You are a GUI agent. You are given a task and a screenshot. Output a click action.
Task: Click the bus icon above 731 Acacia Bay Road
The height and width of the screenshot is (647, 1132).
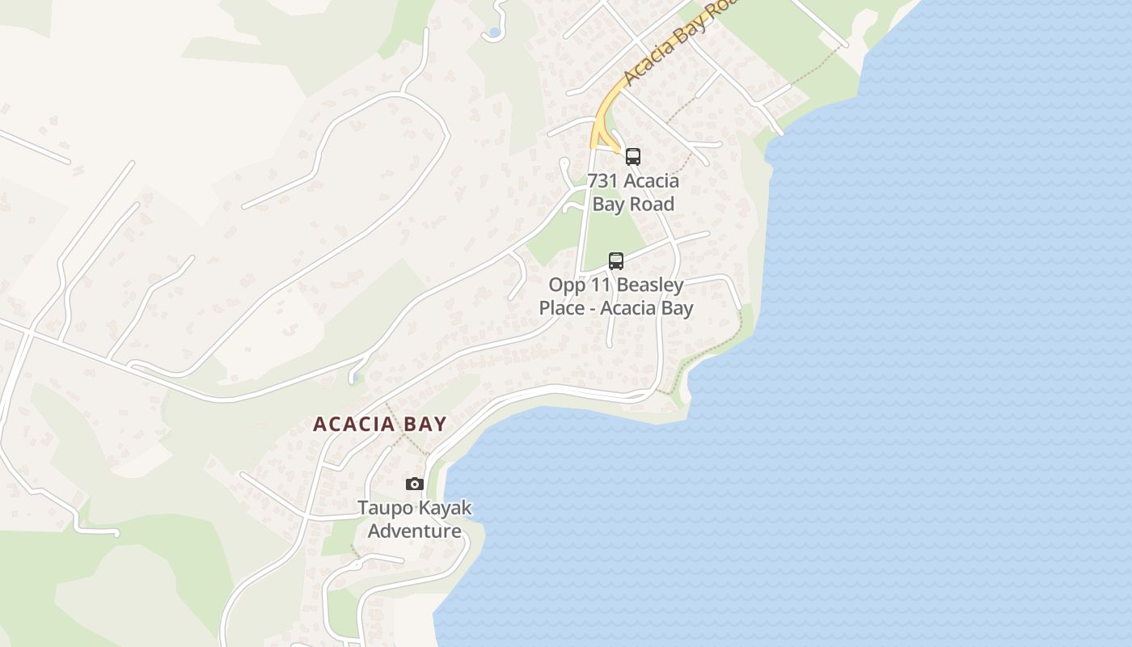point(633,157)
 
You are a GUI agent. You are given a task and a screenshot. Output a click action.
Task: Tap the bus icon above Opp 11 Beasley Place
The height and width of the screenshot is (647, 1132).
point(616,261)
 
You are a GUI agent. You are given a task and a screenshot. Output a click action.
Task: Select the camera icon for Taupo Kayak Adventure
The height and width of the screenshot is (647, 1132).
point(415,484)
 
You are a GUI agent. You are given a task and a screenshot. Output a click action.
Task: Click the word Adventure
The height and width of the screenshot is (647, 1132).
point(415,531)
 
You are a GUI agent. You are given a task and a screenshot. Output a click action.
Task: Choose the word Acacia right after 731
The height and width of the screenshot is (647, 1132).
point(652,180)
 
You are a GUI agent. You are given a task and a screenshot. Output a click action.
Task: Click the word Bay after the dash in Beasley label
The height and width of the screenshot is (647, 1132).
point(677,308)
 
